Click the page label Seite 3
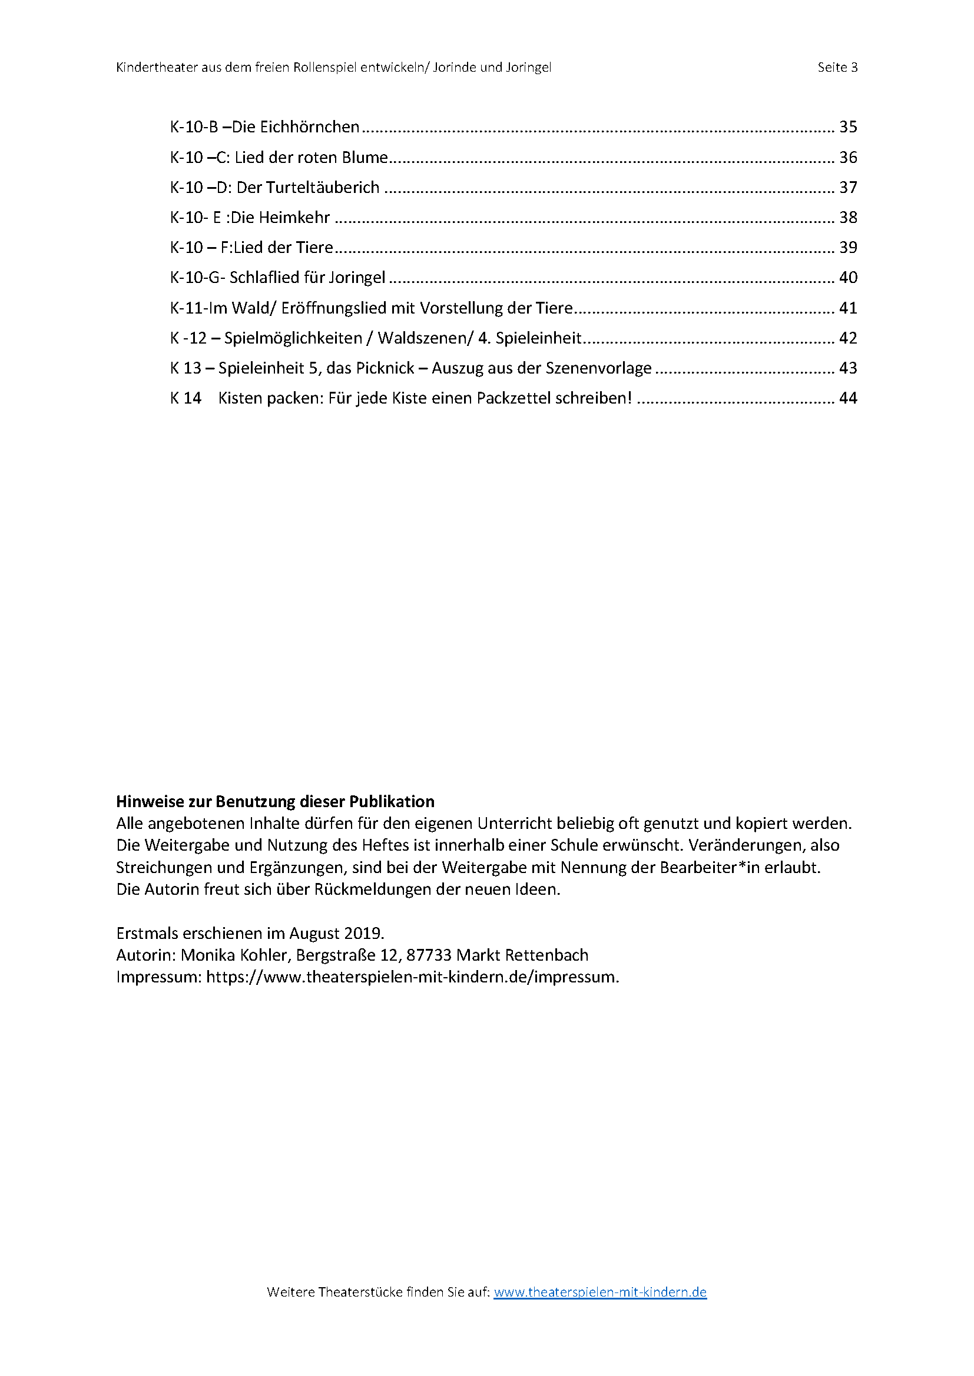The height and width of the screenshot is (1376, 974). tap(837, 67)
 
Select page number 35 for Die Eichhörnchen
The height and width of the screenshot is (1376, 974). tap(848, 127)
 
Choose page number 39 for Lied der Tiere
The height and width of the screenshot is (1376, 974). tap(848, 248)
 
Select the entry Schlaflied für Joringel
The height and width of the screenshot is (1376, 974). tap(307, 278)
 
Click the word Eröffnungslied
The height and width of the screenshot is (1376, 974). tap(333, 308)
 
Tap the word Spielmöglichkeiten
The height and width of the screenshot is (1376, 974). tap(293, 339)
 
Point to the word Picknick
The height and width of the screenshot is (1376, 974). tap(385, 368)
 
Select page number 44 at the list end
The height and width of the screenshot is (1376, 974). tap(848, 398)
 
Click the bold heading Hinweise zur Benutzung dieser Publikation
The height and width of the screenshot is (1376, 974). tap(275, 802)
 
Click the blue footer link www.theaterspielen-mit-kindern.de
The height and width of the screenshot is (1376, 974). tap(599, 1292)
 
